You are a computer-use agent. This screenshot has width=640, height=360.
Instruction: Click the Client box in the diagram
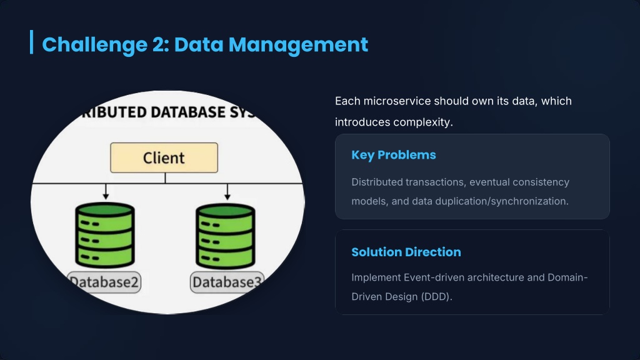164,157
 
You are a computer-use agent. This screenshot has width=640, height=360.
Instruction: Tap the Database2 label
104,282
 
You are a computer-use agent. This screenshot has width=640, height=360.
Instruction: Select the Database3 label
227,282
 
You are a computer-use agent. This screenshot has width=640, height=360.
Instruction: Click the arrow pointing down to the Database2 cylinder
106,191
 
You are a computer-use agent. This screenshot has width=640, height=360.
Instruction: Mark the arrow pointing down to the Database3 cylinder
226,191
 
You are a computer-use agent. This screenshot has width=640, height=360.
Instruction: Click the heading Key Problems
394,155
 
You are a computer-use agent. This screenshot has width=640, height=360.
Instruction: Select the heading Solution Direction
406,252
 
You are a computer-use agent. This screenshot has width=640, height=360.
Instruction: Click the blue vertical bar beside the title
31,42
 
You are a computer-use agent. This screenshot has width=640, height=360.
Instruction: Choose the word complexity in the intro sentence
422,122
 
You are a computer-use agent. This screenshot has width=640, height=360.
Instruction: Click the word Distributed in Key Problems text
376,182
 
